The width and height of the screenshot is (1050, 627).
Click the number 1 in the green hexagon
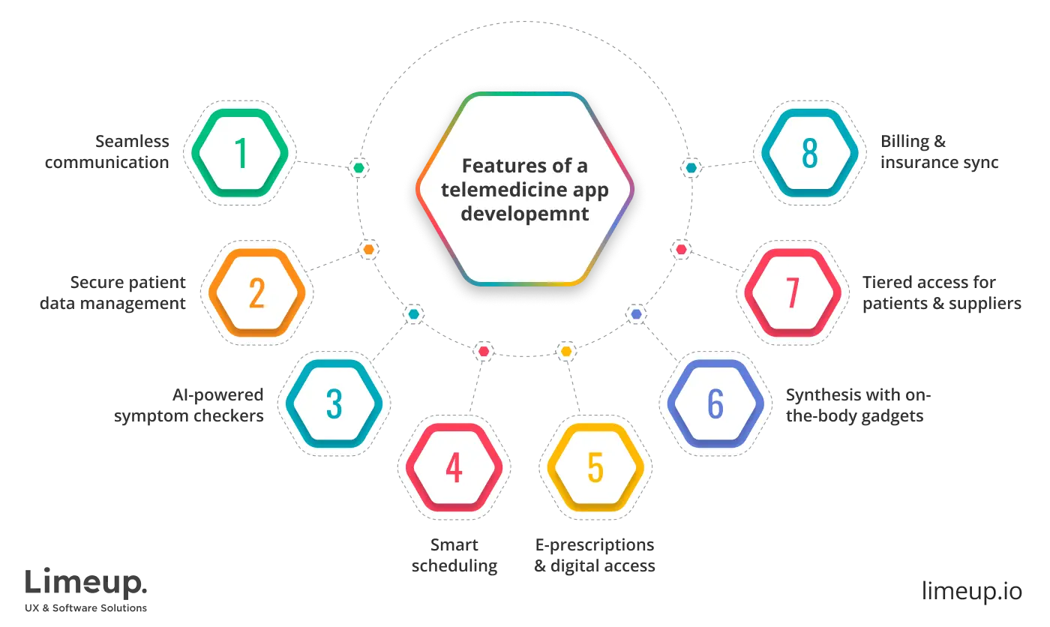[241, 153]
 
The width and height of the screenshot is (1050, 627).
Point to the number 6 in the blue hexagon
[715, 404]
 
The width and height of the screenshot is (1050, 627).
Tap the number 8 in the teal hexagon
[808, 153]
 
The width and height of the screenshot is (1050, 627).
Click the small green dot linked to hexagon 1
[360, 167]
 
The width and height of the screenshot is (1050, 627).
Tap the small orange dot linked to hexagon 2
[368, 249]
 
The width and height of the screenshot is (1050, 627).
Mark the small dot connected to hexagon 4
[484, 351]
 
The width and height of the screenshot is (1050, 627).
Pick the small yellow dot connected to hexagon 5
[566, 351]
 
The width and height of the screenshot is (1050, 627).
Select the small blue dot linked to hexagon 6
[637, 314]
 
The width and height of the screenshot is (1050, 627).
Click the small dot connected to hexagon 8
[690, 167]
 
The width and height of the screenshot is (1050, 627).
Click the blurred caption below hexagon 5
[597, 555]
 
